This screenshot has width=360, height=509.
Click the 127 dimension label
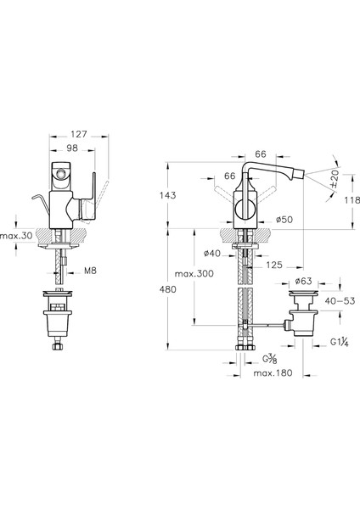tap(79, 134)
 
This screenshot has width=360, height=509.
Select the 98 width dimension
tap(72, 148)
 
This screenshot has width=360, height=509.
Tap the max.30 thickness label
tap(16, 236)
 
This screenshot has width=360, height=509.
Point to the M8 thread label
tap(90, 271)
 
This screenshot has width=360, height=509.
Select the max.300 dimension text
tap(194, 274)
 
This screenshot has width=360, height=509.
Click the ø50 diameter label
tap(284, 220)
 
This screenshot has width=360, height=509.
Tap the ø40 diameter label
tap(212, 253)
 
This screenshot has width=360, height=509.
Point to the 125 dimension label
tap(274, 265)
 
